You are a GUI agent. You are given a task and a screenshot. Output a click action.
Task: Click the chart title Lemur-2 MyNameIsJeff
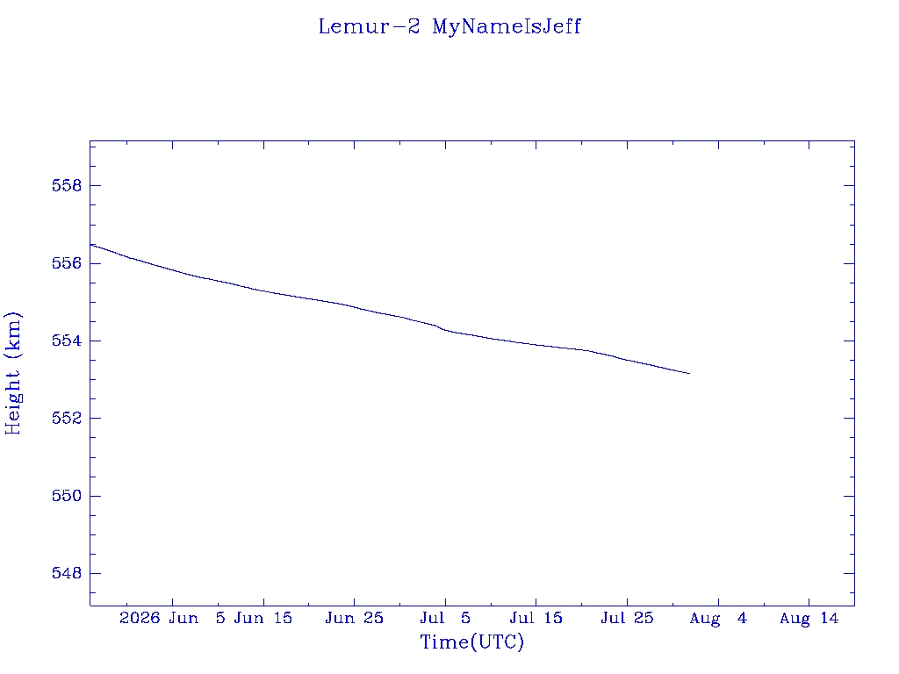449,27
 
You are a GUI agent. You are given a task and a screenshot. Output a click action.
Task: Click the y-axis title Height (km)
12,374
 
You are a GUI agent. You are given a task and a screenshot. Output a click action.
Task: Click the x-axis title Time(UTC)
471,642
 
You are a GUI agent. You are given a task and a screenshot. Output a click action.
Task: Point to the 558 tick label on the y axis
67,186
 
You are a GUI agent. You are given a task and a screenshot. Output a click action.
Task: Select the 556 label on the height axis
67,263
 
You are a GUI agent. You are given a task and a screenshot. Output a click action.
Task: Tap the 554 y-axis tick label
67,341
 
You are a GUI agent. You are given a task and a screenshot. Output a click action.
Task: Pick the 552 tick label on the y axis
67,418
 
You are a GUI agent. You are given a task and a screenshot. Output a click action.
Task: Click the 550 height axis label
67,496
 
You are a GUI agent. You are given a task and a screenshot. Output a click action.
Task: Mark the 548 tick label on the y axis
67,573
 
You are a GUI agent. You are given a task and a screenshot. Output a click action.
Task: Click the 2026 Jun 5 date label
172,619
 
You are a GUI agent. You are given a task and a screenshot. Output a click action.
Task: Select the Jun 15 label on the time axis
263,619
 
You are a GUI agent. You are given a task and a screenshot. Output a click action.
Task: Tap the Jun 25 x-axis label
355,619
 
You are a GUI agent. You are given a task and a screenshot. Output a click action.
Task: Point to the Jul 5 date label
445,619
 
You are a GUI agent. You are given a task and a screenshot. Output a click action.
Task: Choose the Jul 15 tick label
536,619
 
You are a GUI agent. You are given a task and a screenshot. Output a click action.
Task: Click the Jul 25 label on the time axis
627,619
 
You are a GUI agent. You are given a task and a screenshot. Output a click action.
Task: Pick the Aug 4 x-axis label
718,619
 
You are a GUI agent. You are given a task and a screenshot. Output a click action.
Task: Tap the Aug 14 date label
809,619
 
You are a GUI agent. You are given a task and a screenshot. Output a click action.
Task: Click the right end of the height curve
690,374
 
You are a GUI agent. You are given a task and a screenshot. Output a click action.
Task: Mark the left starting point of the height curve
90,245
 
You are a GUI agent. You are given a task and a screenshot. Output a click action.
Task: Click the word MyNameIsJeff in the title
507,27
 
